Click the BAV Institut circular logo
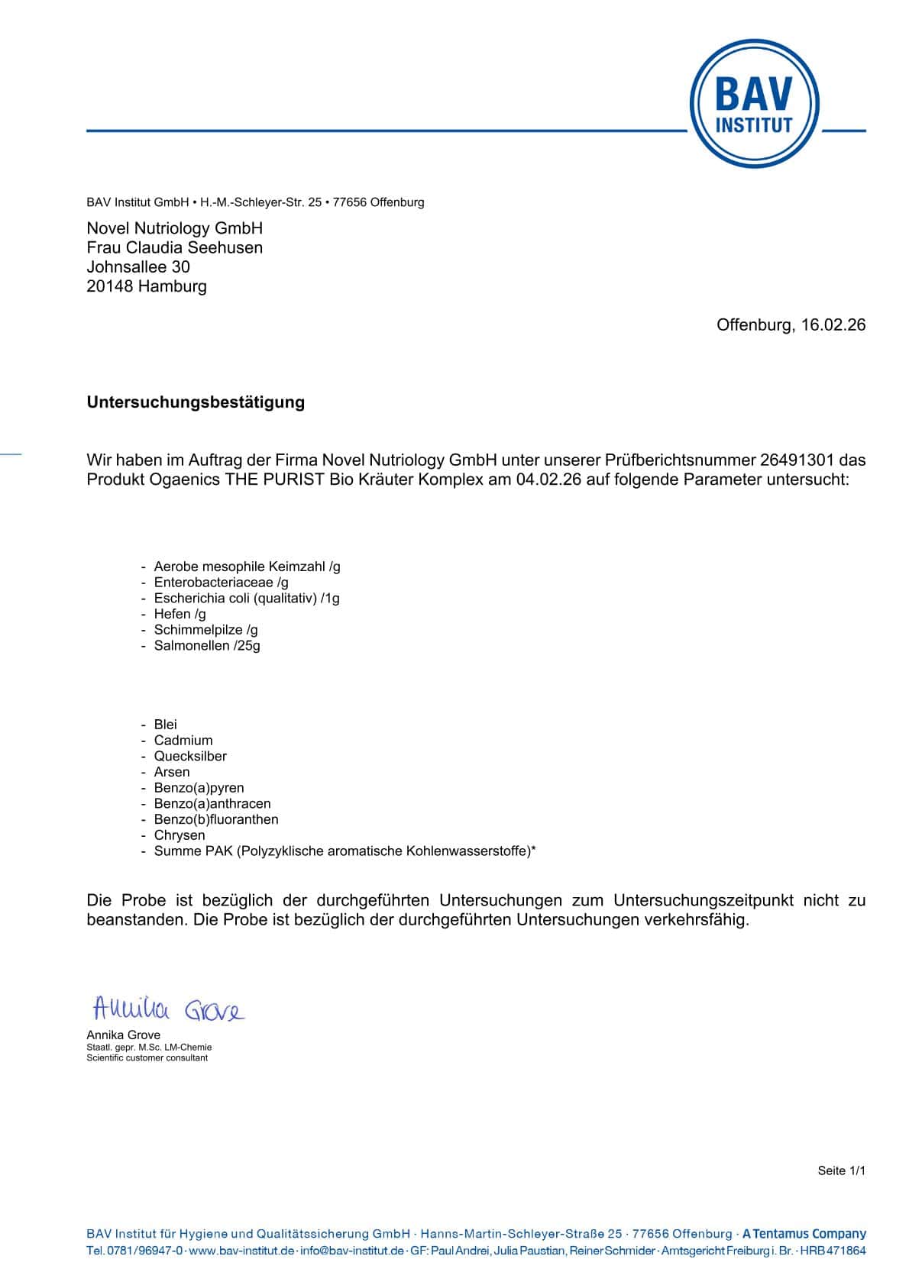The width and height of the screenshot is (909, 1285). coord(754,104)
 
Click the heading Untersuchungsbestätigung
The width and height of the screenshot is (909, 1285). coord(196,402)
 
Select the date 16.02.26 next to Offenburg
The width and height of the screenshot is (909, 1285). coord(833,324)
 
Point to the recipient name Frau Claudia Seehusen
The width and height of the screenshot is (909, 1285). coord(174,247)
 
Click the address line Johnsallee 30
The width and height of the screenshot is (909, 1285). coord(138,266)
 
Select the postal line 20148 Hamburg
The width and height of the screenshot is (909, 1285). coord(147,286)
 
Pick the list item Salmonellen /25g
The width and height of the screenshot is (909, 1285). coord(207,646)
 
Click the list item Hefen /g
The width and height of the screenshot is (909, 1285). coord(180,614)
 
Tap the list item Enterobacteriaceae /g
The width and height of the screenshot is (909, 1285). coord(221,583)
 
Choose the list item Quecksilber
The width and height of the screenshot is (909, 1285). coord(190,756)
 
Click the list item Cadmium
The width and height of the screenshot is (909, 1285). coord(183,741)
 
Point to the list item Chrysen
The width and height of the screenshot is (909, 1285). coord(180,835)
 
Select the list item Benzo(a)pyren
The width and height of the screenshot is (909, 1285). coord(199,788)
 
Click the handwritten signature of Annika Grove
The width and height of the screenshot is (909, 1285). coord(168,1010)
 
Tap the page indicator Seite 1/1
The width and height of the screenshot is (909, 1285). coord(841,1170)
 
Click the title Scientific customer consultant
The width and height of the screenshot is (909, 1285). coord(147,1057)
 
